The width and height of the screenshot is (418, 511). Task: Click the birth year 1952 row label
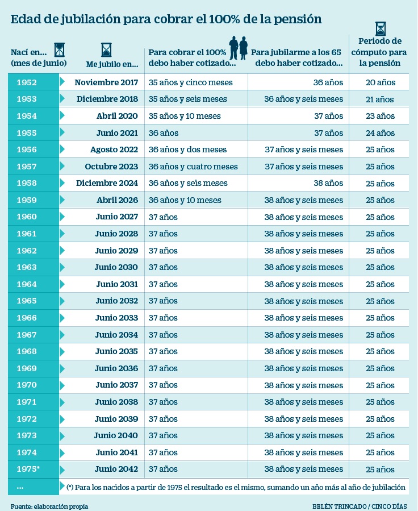pyautogui.click(x=27, y=82)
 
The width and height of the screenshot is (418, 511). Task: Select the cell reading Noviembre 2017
pyautogui.click(x=106, y=82)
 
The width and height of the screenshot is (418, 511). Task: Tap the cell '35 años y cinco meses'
pyautogui.click(x=191, y=82)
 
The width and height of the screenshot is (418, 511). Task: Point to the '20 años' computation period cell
pyautogui.click(x=380, y=82)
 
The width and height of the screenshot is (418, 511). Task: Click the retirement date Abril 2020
pyautogui.click(x=117, y=116)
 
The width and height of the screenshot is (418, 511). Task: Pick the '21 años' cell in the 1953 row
pyautogui.click(x=380, y=99)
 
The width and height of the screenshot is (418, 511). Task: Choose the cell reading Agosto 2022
pyautogui.click(x=114, y=149)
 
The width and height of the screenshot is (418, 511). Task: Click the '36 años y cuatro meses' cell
pyautogui.click(x=193, y=167)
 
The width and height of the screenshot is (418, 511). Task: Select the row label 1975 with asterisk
pyautogui.click(x=28, y=470)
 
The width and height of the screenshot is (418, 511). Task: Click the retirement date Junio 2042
pyautogui.click(x=116, y=470)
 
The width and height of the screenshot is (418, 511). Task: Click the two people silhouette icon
pyautogui.click(x=238, y=48)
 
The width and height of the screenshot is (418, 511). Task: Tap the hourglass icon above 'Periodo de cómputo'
pyautogui.click(x=380, y=28)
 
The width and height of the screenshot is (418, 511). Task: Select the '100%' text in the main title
pyautogui.click(x=220, y=19)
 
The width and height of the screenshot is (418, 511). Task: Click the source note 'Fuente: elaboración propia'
pyautogui.click(x=49, y=506)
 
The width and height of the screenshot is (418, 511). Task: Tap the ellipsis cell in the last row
pyautogui.click(x=20, y=487)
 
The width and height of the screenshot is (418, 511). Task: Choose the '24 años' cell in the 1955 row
pyautogui.click(x=380, y=133)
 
